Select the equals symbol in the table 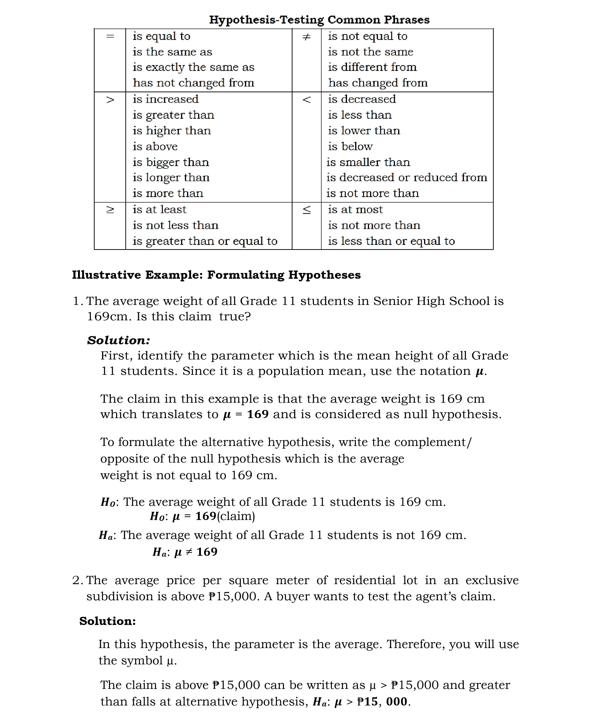110,36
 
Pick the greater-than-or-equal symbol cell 110,210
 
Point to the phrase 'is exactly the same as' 193,67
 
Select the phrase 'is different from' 372,67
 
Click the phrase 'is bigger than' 171,162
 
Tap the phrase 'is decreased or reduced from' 407,178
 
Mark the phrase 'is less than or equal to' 391,241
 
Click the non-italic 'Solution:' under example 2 108,621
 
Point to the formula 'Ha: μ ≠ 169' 185,552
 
